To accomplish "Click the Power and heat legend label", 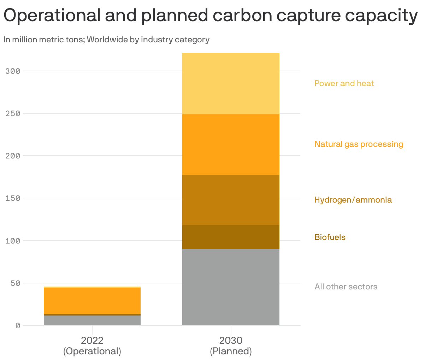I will click(344, 83).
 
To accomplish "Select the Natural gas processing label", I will click(359, 144).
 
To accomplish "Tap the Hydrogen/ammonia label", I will click(353, 200).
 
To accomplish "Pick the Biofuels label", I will click(330, 237).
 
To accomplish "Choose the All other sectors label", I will click(346, 287).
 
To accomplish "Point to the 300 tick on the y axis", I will click(13, 71).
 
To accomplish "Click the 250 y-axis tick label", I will click(13, 113).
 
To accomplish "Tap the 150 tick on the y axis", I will click(13, 198).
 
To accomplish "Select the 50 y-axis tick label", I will click(15, 283).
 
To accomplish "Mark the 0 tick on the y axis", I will click(18, 325).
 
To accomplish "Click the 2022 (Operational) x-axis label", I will click(92, 346).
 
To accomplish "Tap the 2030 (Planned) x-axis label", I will click(231, 346).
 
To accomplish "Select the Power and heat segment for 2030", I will click(231, 84).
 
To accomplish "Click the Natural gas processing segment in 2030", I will click(231, 144).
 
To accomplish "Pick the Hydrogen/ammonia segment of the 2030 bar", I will click(231, 200).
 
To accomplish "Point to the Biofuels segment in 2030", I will click(231, 237).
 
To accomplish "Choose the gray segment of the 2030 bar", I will click(231, 287).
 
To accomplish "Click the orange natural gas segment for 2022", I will click(92, 301).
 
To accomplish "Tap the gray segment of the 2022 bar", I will click(92, 320).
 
